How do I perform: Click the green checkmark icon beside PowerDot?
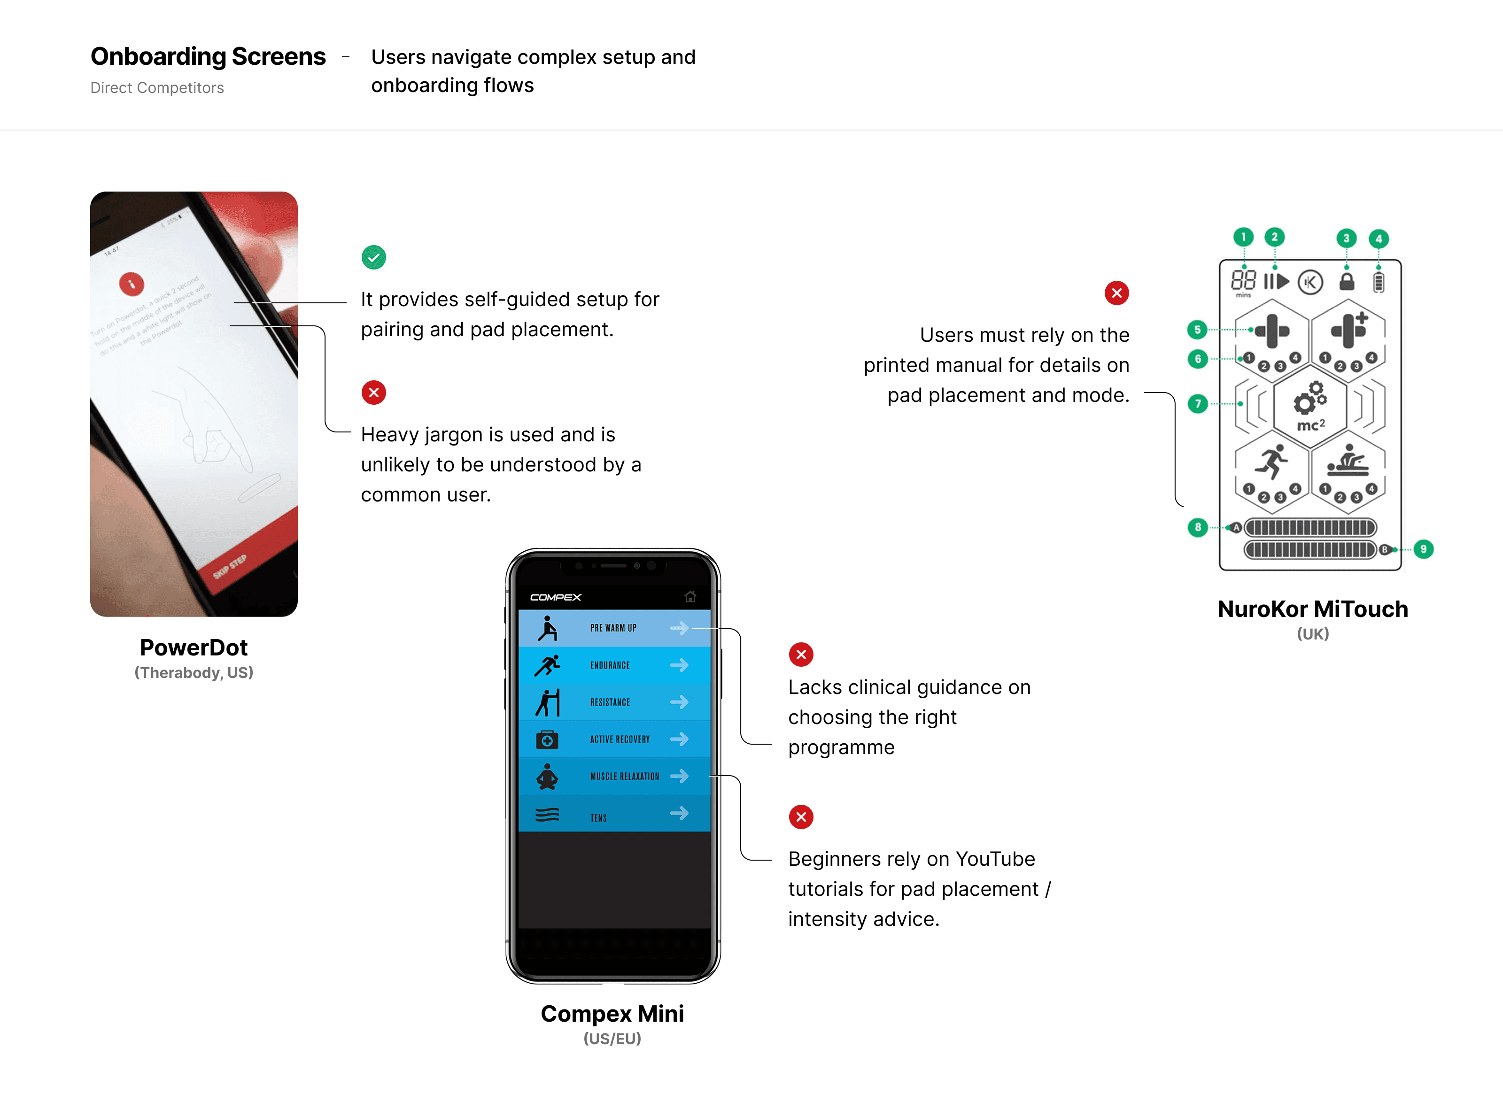click(x=373, y=257)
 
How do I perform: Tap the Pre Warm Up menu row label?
click(x=612, y=628)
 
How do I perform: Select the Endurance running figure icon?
click(x=547, y=665)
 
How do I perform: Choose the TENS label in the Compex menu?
click(x=598, y=817)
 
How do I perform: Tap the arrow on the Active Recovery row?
click(x=679, y=739)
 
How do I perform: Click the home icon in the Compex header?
click(x=690, y=597)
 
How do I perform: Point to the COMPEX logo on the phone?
click(x=555, y=597)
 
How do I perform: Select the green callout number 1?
click(x=1243, y=237)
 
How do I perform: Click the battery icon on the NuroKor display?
click(x=1378, y=282)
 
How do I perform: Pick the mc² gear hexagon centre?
click(x=1309, y=406)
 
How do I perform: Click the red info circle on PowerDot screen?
click(x=132, y=284)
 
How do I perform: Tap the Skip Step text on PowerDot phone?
click(x=230, y=567)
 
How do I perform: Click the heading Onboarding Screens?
click(x=208, y=56)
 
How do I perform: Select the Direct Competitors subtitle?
click(x=157, y=88)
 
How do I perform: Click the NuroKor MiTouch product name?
click(x=1312, y=609)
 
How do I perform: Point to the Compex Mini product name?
click(x=612, y=1013)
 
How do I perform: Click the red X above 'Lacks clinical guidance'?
click(x=800, y=655)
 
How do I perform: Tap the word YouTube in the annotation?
click(x=995, y=859)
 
